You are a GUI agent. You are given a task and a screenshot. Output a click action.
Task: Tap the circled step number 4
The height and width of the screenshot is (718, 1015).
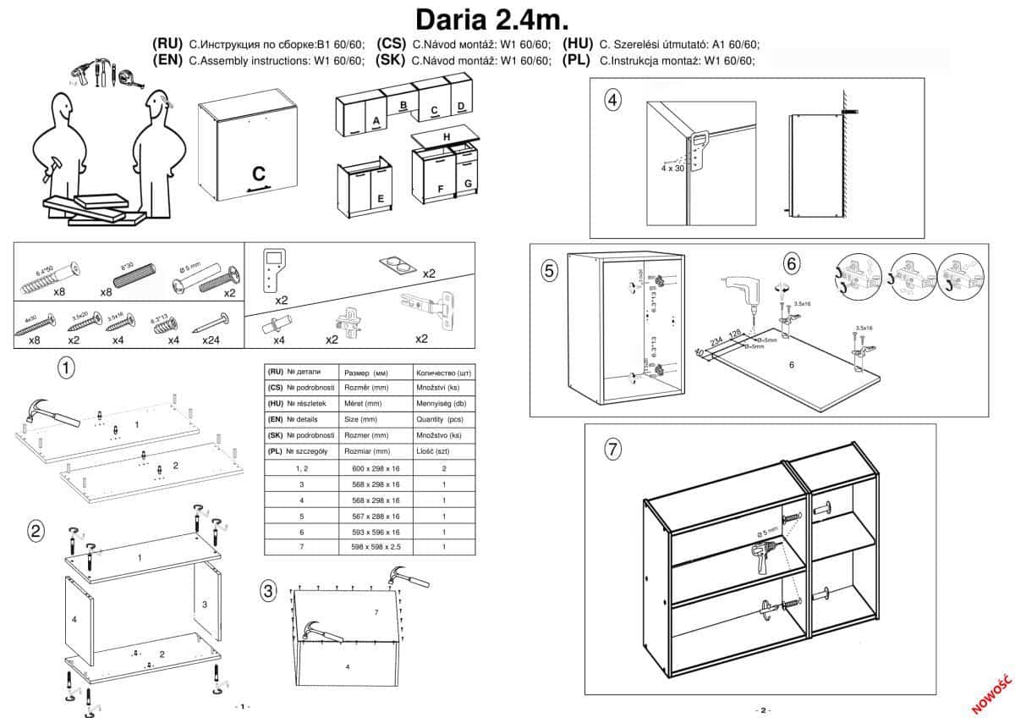[x=613, y=100]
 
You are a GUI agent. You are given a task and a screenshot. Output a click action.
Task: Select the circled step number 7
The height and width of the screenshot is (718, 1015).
[x=613, y=449]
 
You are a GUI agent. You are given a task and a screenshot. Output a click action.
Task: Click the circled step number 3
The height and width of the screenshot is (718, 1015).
[x=268, y=591]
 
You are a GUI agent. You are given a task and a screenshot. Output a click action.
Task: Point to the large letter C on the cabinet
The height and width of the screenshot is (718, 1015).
[x=259, y=173]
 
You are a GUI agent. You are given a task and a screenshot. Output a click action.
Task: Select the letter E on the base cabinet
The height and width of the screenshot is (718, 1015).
[x=381, y=199]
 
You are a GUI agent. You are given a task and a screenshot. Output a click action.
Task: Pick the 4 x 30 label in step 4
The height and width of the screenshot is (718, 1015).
[x=672, y=168]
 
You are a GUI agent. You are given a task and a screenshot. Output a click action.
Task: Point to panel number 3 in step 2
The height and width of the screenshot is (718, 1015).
[x=205, y=605]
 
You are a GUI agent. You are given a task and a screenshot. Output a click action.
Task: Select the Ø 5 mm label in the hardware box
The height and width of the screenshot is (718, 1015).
[x=190, y=270]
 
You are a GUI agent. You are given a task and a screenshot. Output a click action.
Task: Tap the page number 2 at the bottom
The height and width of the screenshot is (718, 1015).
[x=761, y=710]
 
